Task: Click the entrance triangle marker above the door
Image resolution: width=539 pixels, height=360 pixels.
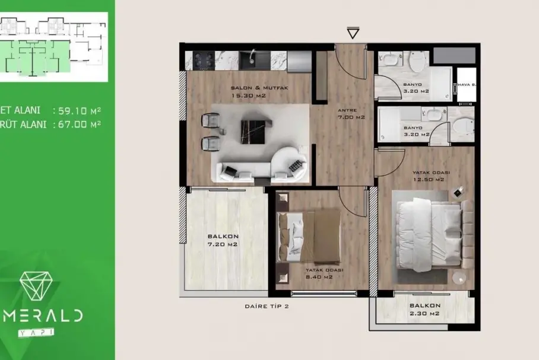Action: coord(353,33)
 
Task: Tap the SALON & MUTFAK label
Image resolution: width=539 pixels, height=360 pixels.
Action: coord(259,88)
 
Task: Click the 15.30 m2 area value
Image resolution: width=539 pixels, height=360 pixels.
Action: coord(249,96)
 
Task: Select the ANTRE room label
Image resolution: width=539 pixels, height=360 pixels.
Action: coord(347,110)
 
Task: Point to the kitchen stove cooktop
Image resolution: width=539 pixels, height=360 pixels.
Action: coord(204,60)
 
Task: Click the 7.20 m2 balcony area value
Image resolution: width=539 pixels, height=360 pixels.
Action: coord(223,244)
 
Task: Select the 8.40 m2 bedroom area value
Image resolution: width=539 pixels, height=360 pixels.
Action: coord(319,277)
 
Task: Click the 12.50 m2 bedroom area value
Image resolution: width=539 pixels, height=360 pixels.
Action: coord(429,180)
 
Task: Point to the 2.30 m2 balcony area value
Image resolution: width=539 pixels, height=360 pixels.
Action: coord(424,314)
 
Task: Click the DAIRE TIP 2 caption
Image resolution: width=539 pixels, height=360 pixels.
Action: coord(267,306)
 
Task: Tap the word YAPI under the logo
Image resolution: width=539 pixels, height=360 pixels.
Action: coord(36,332)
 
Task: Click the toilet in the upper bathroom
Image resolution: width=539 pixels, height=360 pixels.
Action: coord(418,61)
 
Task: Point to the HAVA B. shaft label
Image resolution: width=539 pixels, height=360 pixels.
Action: coord(467,84)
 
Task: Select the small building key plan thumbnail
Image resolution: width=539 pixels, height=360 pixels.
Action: coord(54,47)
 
